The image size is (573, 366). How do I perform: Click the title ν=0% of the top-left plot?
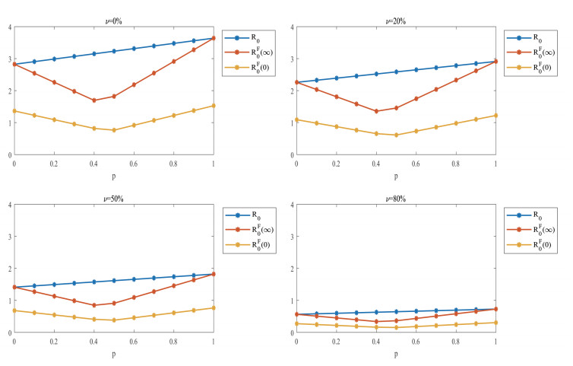tap(113, 21)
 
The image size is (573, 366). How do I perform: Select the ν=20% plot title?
tap(396, 21)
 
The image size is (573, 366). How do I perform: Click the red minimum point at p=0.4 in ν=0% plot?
tap(93, 100)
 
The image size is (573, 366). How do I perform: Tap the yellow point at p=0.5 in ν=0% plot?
tap(113, 130)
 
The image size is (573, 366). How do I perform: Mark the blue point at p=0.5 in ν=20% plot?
tap(396, 72)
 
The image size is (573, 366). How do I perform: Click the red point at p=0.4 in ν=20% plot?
tap(376, 111)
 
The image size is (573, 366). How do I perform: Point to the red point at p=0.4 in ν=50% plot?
tap(93, 305)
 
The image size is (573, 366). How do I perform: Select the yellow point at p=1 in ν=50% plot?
tap(214, 307)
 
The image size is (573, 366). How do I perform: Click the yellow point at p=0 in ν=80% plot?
tap(296, 323)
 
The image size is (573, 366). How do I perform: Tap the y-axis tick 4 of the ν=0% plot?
tap(8, 27)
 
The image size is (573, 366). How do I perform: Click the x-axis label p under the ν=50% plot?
tap(113, 354)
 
